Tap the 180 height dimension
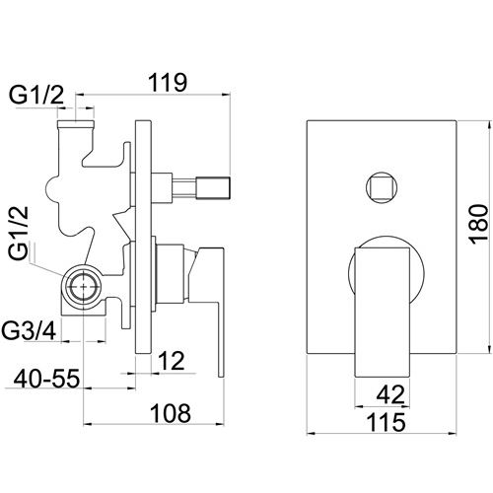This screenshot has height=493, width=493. [478, 225]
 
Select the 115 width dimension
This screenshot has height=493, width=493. [387, 422]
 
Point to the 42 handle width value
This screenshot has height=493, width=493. [390, 394]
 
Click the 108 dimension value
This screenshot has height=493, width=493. [171, 413]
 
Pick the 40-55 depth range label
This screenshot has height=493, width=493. [46, 379]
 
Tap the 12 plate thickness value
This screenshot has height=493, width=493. [172, 361]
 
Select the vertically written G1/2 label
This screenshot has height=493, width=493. [19, 234]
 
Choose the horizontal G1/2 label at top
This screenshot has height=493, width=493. [35, 95]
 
